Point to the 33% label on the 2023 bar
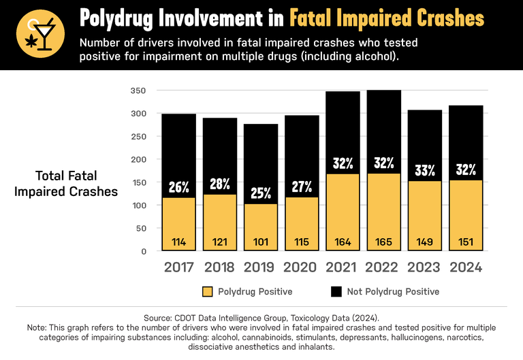click(425, 170)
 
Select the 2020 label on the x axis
click(302, 267)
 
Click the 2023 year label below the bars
click(425, 267)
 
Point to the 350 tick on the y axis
click(138, 91)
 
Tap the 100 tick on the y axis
click(138, 206)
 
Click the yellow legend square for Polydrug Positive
click(208, 291)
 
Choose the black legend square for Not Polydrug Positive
click(336, 291)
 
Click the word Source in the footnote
click(159, 318)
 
